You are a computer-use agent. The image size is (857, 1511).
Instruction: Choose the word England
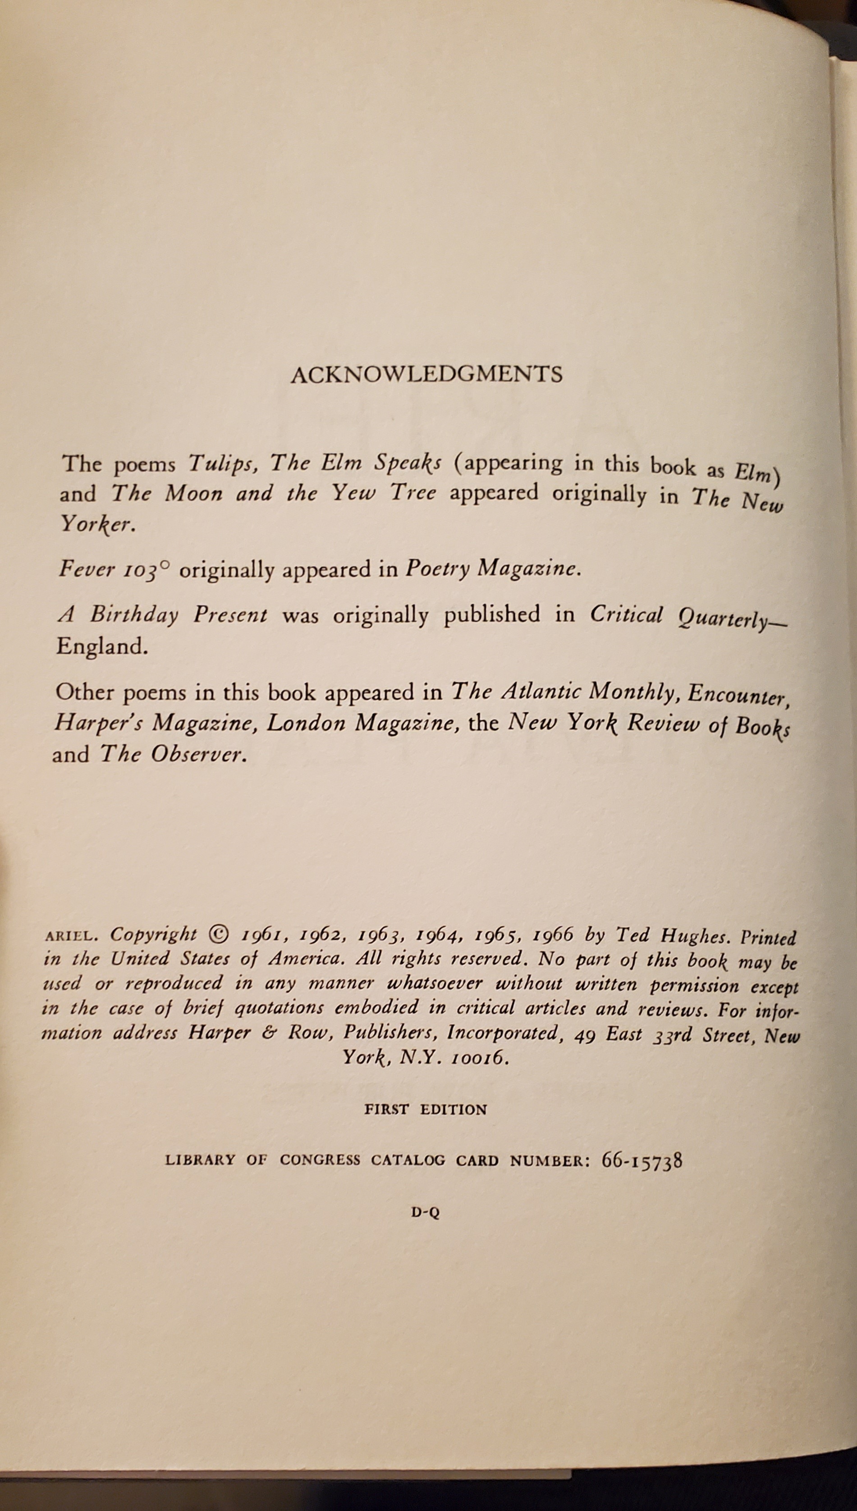point(100,647)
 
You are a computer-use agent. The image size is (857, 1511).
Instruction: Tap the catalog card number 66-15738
point(642,1161)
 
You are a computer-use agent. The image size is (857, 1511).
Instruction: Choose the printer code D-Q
point(426,1212)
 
